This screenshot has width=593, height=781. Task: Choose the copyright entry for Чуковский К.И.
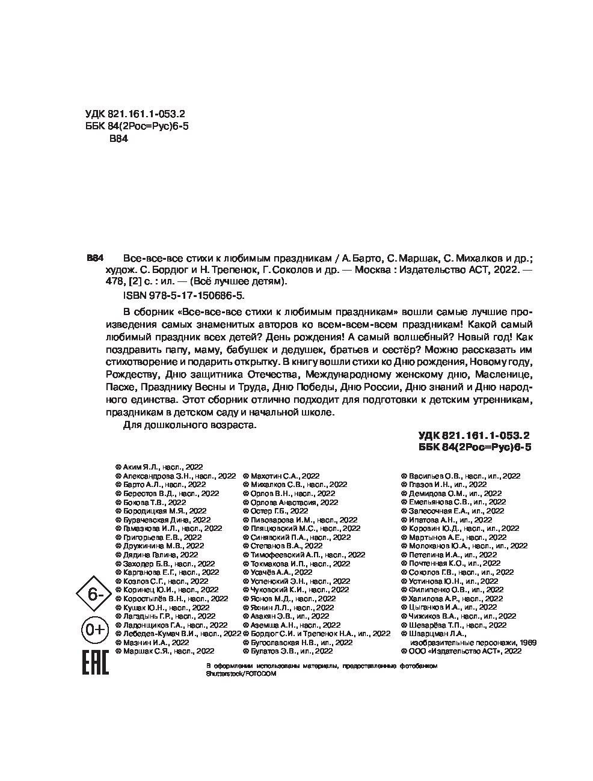pos(296,590)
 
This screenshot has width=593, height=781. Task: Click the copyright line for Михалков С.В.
pos(295,483)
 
